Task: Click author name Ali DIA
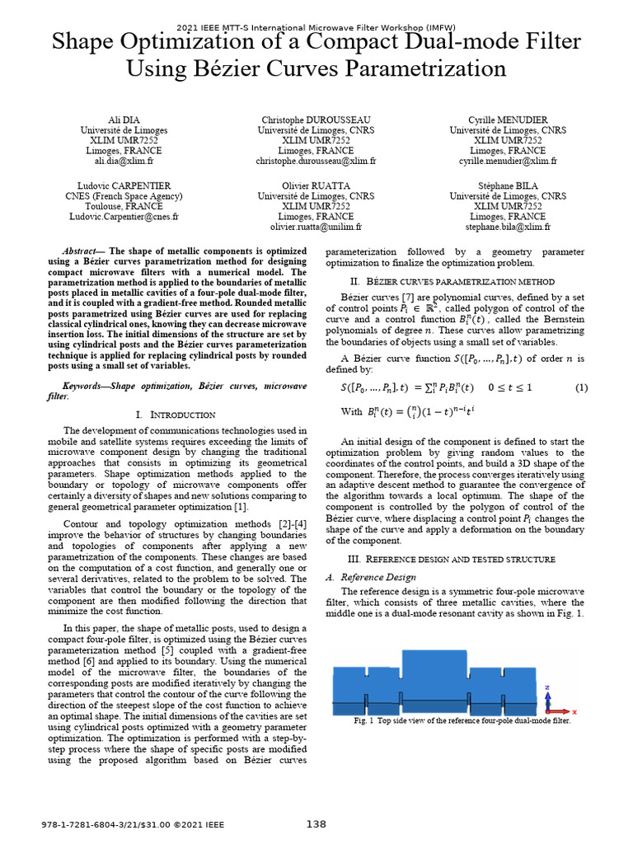point(124,120)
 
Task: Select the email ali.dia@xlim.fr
point(124,162)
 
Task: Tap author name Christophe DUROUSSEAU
point(316,120)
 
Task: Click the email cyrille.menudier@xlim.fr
point(508,162)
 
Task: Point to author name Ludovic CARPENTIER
point(124,186)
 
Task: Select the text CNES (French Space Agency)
point(124,196)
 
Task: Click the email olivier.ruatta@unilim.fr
point(316,226)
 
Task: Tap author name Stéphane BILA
point(508,186)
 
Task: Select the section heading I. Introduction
point(175,415)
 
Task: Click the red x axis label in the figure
point(574,710)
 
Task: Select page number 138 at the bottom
point(316,824)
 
